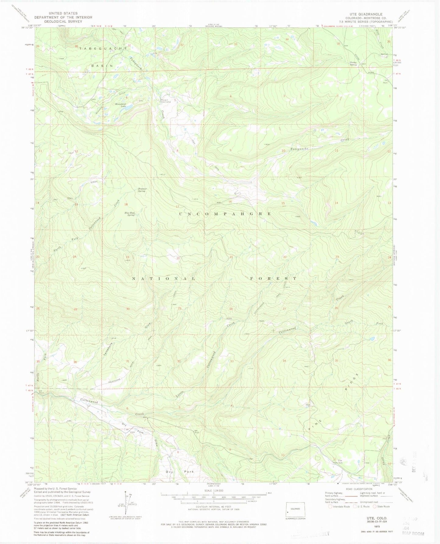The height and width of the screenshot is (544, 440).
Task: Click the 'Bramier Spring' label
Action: click(x=142, y=190)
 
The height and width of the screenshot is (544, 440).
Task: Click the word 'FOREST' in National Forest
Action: click(x=273, y=278)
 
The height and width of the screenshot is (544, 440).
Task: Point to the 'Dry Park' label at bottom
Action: click(x=180, y=472)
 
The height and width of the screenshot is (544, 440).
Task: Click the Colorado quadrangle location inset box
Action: click(x=295, y=509)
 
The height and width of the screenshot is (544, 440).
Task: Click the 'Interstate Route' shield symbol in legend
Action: click(x=330, y=507)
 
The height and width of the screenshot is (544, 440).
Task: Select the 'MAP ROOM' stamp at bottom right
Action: click(x=413, y=533)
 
